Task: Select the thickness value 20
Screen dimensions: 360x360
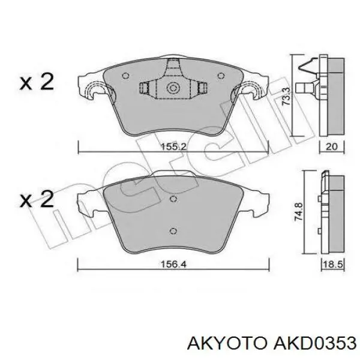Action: click(x=332, y=146)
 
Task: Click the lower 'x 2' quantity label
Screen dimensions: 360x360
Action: click(x=37, y=199)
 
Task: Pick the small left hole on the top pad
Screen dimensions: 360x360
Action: click(x=125, y=76)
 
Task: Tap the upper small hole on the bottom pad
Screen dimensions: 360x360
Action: click(x=173, y=199)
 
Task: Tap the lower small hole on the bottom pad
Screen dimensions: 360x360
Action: click(x=173, y=231)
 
